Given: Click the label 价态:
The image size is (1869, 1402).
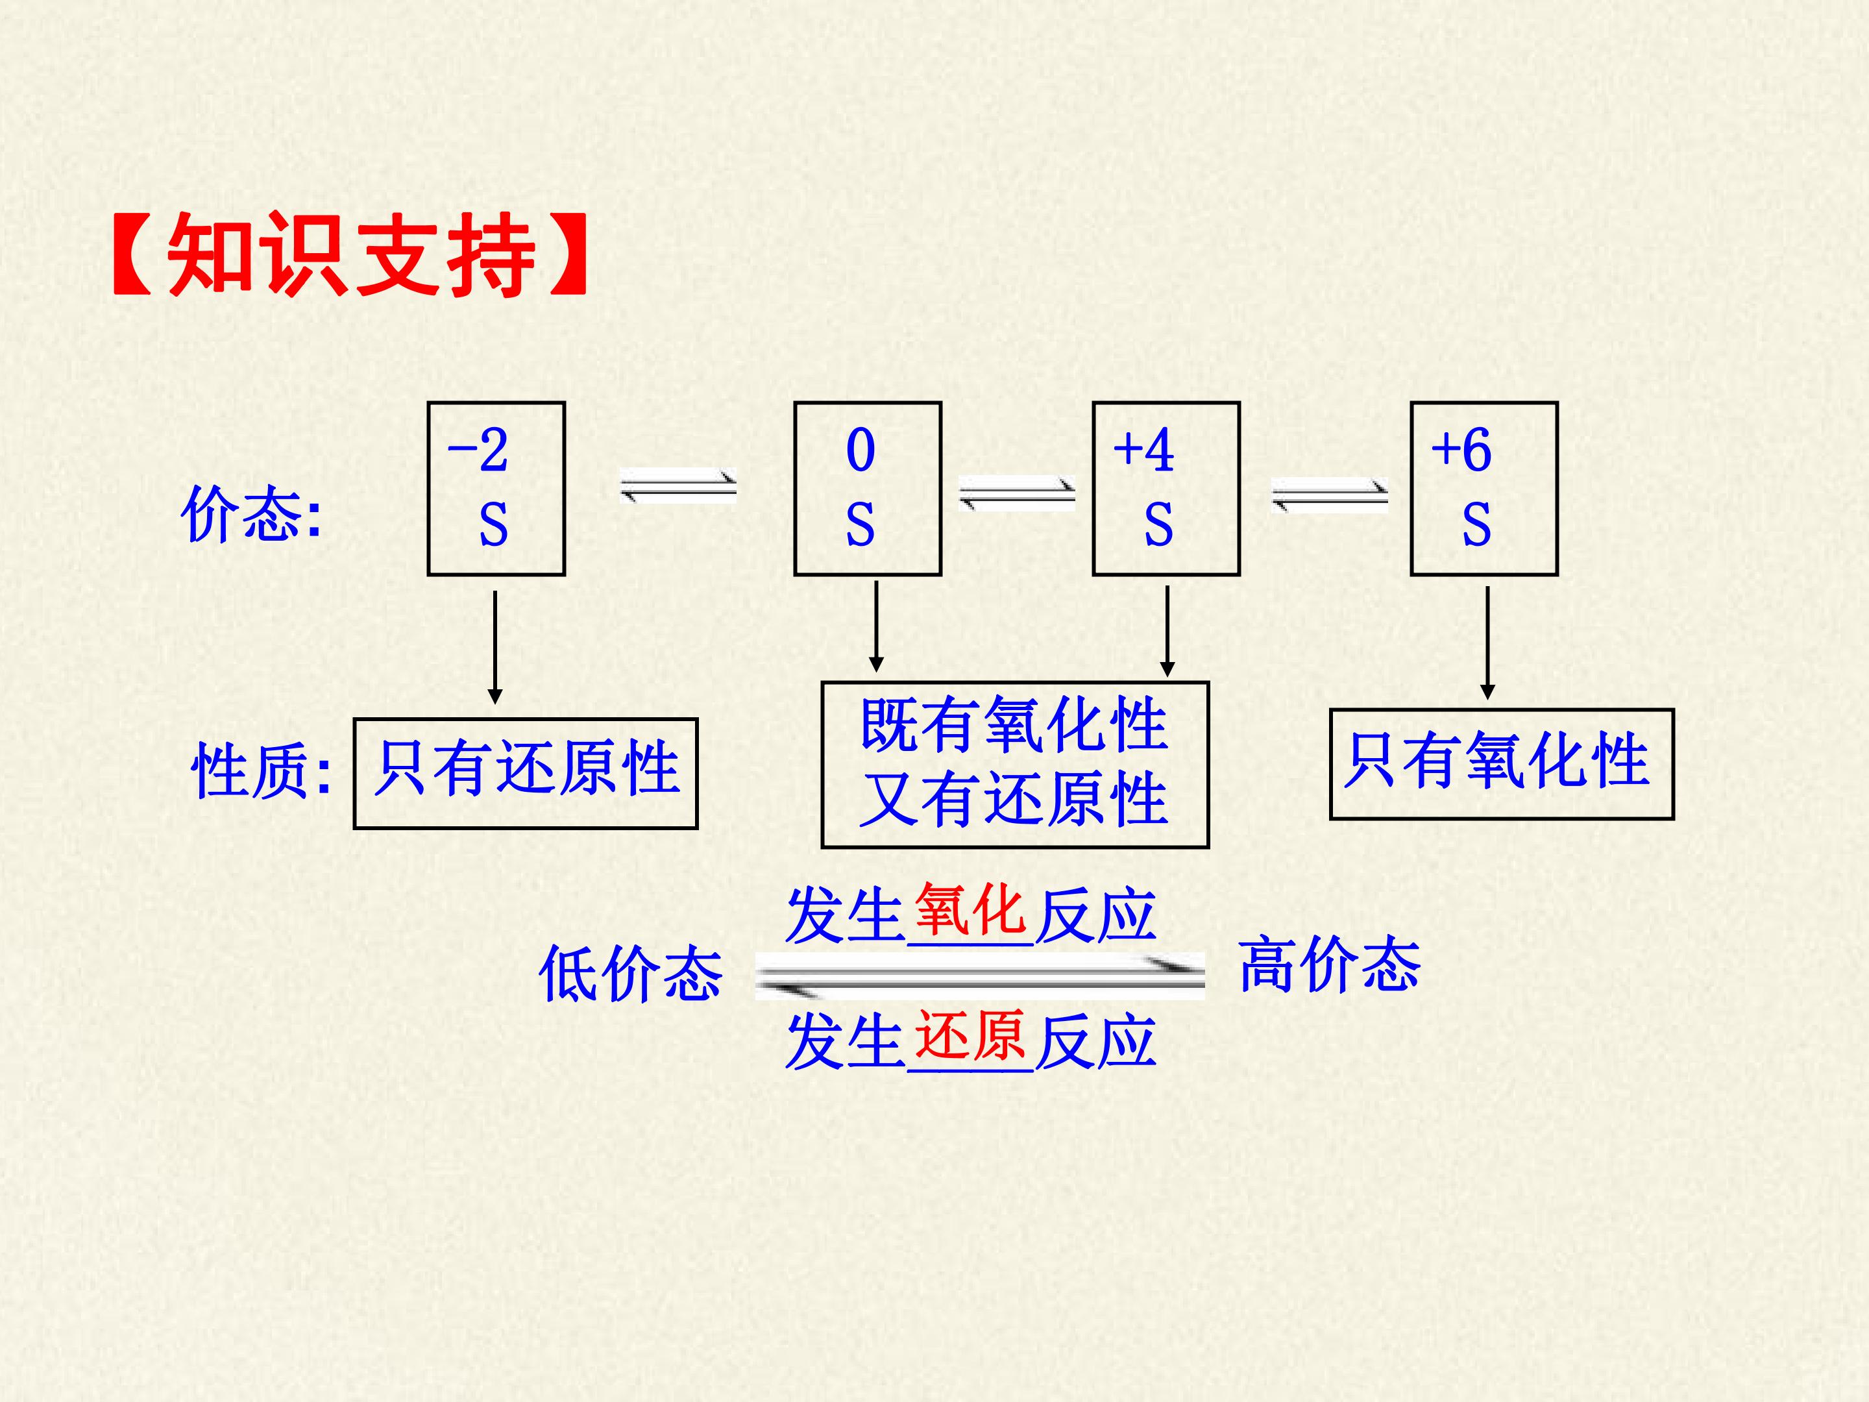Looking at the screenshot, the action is pos(251,513).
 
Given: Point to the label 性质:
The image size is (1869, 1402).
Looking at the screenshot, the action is pos(262,770).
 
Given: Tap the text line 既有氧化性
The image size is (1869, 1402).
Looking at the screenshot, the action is pos(1014,725).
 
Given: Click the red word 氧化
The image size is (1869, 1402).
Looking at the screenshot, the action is pos(970,909).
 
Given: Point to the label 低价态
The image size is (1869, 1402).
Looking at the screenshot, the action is pos(630,974).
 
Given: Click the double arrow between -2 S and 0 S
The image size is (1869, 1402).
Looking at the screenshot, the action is pos(678,487).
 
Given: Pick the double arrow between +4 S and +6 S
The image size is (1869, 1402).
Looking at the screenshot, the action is pos(1330,495).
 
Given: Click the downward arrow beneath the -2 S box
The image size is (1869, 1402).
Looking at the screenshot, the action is pos(495,647).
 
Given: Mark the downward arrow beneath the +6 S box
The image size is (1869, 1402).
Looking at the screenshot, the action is pos(1488,643).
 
